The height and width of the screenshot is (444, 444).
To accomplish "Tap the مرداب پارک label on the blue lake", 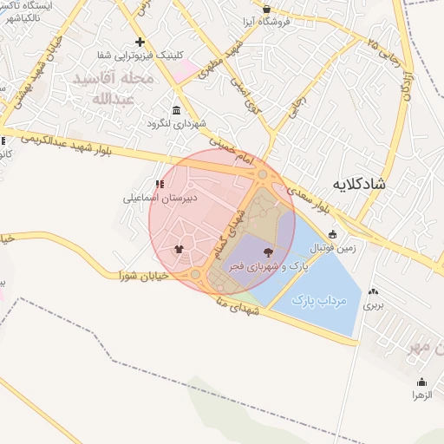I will [318, 301].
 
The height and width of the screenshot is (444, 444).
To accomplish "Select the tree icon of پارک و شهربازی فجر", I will [266, 253].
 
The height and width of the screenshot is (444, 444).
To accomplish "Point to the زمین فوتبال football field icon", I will [333, 234].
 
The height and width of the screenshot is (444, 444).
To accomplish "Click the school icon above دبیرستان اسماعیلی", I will [159, 184].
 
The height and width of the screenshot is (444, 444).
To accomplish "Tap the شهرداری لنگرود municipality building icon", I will [177, 110].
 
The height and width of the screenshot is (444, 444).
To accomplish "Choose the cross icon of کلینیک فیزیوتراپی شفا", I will [140, 42].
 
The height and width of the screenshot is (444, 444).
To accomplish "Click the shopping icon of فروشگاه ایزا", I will [266, 10].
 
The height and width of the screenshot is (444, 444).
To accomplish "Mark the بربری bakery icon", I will [373, 292].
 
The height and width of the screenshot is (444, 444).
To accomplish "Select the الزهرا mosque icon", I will [422, 382].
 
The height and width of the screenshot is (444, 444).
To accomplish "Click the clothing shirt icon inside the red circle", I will [180, 249].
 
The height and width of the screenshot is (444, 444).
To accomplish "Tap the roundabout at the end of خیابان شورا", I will [196, 274].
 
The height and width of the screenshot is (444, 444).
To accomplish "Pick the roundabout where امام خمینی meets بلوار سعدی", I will [263, 176].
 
